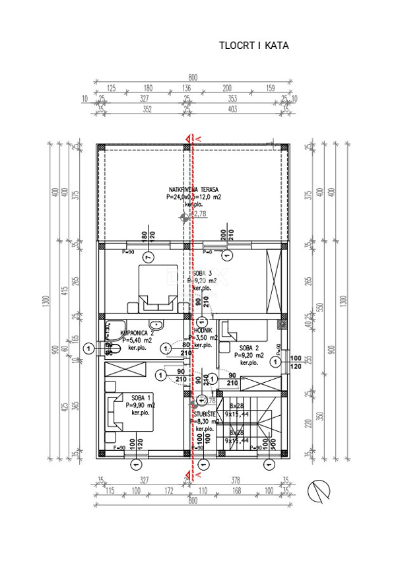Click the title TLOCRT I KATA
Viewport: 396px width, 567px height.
pos(254,46)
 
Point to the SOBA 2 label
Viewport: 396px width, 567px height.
pos(248,347)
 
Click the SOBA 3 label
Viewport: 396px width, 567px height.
pos(202,273)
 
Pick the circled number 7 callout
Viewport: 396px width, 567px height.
pos(148,256)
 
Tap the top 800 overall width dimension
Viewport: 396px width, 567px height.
pos(193,77)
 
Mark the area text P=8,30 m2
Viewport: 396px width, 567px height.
pos(205,420)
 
